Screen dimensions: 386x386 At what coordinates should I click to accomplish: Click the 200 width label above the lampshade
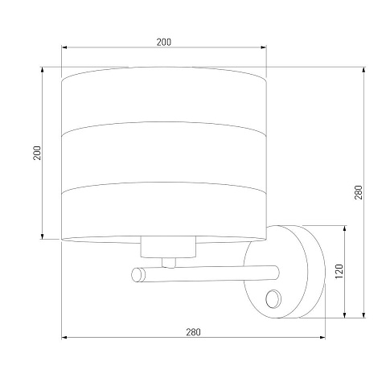164,42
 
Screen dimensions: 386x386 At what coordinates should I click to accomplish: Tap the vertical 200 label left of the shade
37,153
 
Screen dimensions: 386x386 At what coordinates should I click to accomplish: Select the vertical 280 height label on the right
359,192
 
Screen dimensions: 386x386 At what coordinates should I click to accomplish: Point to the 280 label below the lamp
193,332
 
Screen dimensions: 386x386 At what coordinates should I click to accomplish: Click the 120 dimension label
339,271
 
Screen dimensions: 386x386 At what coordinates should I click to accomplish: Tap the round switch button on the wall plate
273,298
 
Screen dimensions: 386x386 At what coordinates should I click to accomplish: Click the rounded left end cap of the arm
138,275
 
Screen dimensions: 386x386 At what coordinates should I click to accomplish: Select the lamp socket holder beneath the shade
168,247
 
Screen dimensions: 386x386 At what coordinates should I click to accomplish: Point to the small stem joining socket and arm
169,263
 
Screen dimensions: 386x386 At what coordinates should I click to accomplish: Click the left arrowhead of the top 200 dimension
64,47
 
